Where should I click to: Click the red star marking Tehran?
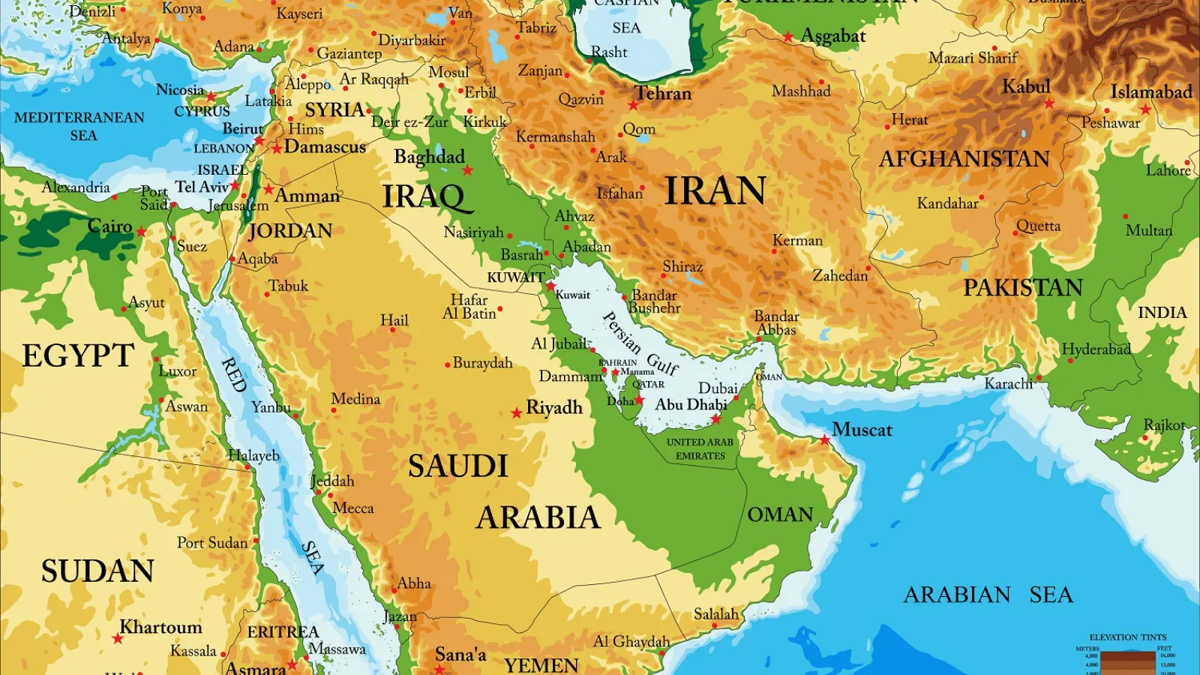coord(634,105)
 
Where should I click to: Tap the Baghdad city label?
coord(429,157)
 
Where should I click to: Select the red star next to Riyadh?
coord(517,413)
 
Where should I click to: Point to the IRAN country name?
coord(715,190)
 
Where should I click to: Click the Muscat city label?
coord(862,430)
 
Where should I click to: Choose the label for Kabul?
coord(1026,87)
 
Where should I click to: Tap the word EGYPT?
coord(78,355)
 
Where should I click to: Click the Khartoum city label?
coord(161,627)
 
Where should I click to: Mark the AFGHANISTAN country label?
coord(964,159)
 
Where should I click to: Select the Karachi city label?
coord(1009,384)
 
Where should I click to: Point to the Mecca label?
coord(353,508)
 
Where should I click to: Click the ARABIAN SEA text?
coord(988,595)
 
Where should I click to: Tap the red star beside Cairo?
coord(142,232)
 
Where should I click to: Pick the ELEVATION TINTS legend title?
coord(1127,637)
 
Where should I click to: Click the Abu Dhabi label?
coord(691,405)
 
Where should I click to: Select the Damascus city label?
coord(325,147)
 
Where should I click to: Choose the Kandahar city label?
coord(947,203)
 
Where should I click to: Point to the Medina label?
coord(355,399)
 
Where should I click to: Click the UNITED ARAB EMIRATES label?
coord(700,448)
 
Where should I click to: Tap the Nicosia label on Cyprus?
coord(180,90)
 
